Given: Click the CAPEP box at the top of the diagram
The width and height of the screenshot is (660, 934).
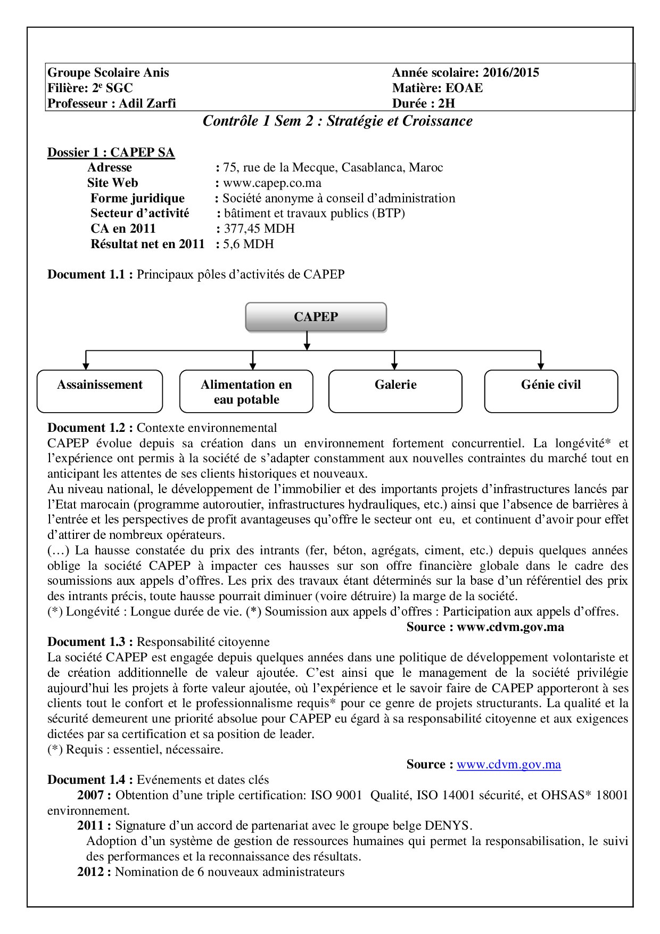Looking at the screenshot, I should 316,317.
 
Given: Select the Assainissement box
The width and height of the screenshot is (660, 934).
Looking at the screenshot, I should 100,391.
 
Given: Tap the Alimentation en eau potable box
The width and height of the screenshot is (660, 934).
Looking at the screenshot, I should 246,391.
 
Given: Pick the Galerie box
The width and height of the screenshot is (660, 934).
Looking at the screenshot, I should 395,391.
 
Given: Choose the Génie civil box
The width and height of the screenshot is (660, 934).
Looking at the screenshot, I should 551,391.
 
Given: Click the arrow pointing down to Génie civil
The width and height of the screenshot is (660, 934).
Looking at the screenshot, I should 541,362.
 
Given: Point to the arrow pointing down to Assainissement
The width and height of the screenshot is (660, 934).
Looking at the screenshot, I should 86,362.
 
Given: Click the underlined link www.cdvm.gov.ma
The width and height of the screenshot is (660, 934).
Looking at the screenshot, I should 509,765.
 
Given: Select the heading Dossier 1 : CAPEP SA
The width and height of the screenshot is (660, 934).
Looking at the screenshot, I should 111,152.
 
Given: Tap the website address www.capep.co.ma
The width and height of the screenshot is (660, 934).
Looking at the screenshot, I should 272,183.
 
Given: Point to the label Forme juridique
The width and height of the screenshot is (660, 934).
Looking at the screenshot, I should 137,199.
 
